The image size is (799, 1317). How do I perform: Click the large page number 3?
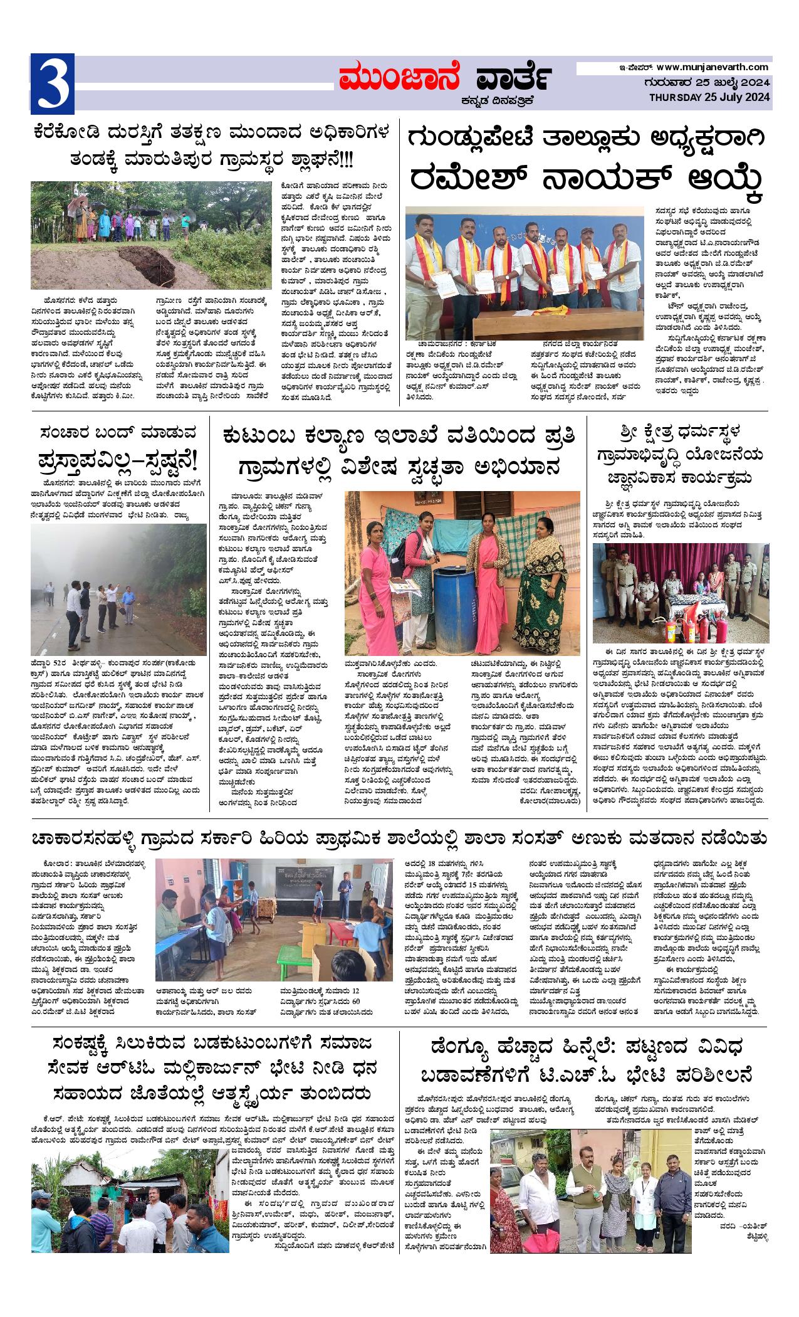(53, 83)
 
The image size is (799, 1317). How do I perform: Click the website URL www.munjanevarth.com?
(713, 67)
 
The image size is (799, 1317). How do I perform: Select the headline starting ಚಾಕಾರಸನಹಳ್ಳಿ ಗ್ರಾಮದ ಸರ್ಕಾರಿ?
(399, 839)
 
